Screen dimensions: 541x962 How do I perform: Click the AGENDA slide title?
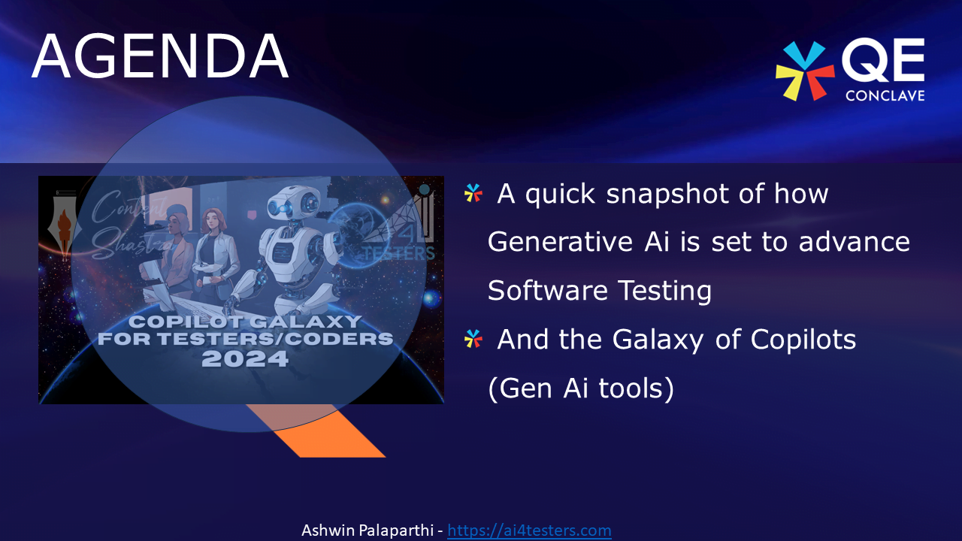point(160,56)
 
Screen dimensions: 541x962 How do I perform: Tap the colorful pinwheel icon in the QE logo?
point(804,71)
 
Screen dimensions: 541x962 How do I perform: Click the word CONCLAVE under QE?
point(885,95)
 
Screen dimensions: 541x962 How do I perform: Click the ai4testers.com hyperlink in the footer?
point(529,530)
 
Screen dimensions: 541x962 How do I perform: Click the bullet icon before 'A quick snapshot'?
point(473,194)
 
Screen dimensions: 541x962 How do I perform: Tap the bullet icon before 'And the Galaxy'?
point(473,340)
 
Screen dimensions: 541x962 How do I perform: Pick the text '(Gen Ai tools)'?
point(581,388)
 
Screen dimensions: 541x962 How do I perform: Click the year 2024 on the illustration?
point(245,359)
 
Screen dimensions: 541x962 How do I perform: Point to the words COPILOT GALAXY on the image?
point(245,322)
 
